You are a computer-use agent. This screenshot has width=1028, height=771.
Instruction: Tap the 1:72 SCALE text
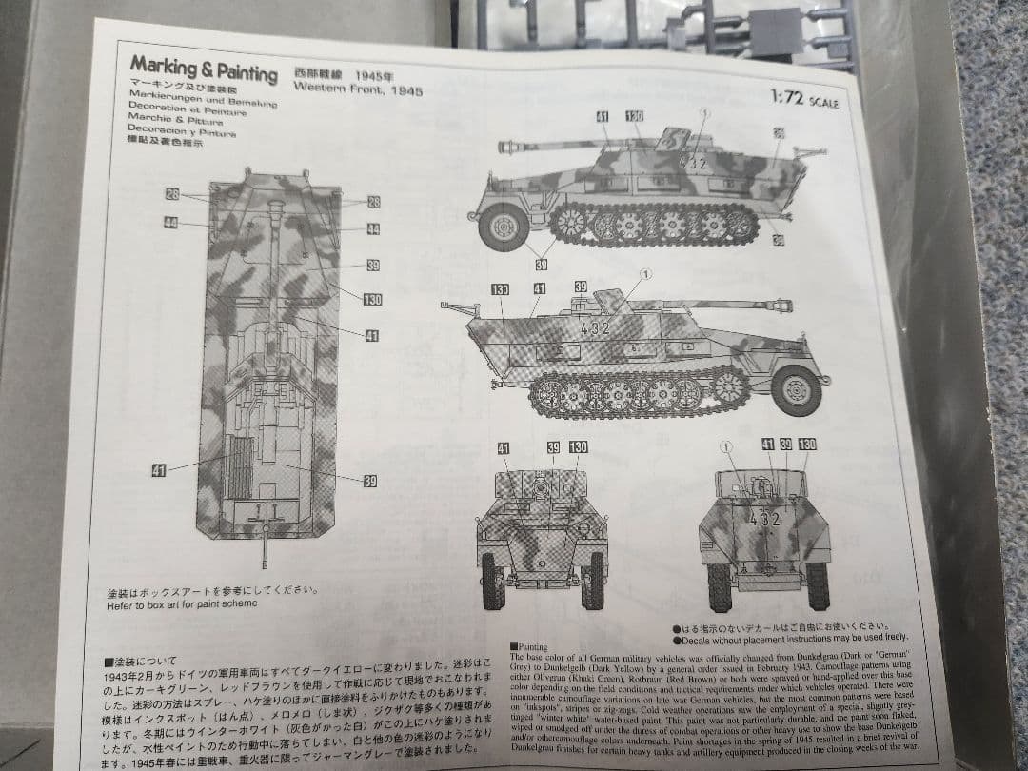[804, 99]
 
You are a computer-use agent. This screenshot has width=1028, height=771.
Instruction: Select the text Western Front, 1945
[358, 89]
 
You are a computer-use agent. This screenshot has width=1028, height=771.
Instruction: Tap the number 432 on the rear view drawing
[764, 520]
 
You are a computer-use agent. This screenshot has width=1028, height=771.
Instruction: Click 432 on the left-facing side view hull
[695, 163]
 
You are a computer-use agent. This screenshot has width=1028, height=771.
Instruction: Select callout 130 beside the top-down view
[372, 300]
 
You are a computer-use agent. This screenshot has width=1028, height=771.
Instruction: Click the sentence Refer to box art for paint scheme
[182, 604]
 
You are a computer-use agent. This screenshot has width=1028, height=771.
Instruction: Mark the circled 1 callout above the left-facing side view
[704, 113]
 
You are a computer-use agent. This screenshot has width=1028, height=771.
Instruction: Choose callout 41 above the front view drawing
[504, 447]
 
